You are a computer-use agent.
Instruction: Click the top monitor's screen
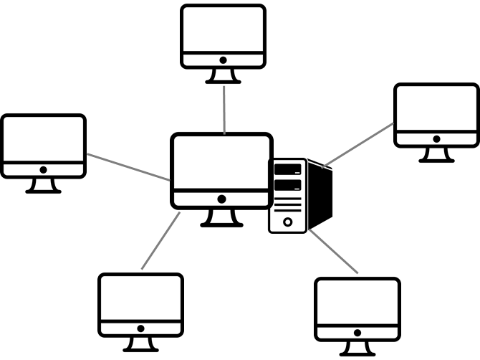pyautogui.click(x=223, y=29)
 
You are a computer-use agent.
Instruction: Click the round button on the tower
pyautogui.click(x=287, y=222)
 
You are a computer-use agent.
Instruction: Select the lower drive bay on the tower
pyautogui.click(x=287, y=186)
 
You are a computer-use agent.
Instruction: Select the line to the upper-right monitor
pyautogui.click(x=358, y=144)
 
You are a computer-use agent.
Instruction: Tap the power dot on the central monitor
pyautogui.click(x=221, y=199)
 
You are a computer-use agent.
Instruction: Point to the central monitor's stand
pyautogui.click(x=221, y=217)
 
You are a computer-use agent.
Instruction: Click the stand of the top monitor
pyautogui.click(x=223, y=75)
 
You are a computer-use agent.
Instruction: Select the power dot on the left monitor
pyautogui.click(x=43, y=170)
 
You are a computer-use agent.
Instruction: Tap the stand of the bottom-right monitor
pyautogui.click(x=357, y=347)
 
